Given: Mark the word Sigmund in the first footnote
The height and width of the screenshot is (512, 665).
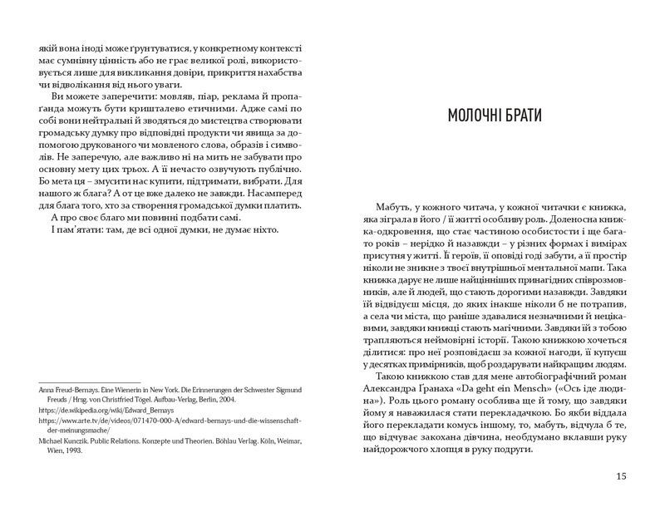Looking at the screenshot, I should click(x=288, y=387).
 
